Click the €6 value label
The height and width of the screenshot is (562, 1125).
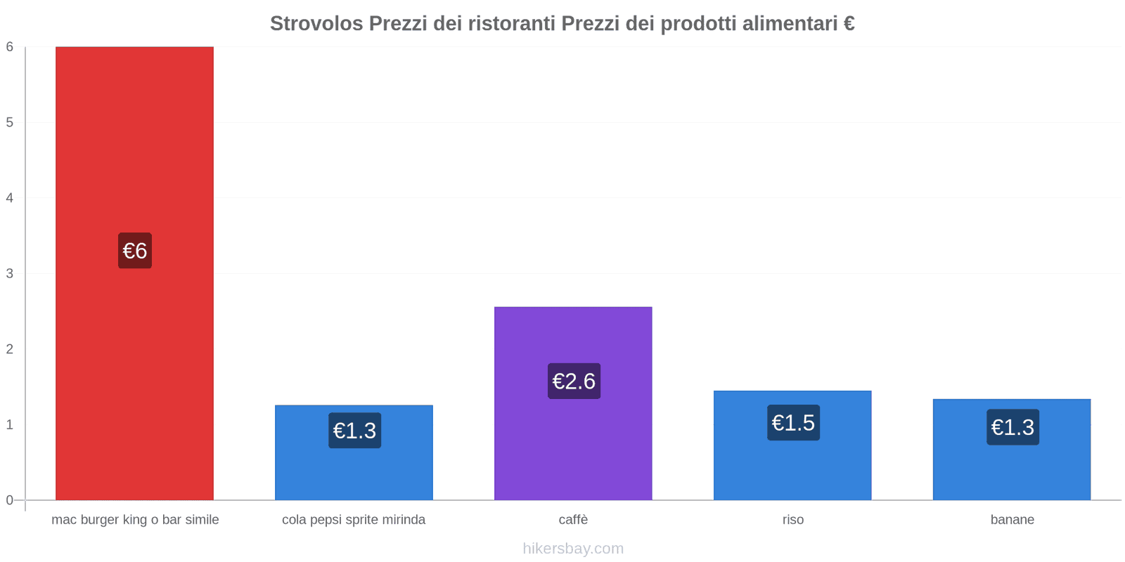(x=135, y=251)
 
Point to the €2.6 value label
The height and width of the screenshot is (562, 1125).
(x=574, y=381)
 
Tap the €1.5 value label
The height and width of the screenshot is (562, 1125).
(x=793, y=423)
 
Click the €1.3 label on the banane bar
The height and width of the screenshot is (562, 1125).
(x=1012, y=427)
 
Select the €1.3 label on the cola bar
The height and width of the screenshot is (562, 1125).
(x=354, y=431)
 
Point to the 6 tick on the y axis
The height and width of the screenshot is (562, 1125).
(x=10, y=47)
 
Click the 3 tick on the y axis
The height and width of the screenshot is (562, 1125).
(x=10, y=273)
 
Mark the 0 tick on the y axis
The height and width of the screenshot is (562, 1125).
(x=10, y=500)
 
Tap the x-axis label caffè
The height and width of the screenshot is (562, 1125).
(x=573, y=520)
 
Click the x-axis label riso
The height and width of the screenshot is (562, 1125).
(x=792, y=520)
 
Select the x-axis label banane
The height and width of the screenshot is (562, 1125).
(x=1012, y=520)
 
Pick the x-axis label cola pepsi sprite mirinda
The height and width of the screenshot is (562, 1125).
(x=354, y=520)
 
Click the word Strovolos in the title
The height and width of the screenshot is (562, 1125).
(x=316, y=24)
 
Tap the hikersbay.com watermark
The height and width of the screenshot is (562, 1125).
(x=573, y=549)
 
